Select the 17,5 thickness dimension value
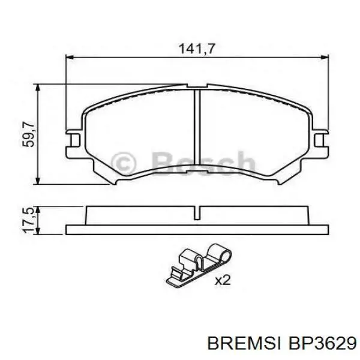[28, 220]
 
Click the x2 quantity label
[223, 279]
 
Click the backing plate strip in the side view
[197, 229]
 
